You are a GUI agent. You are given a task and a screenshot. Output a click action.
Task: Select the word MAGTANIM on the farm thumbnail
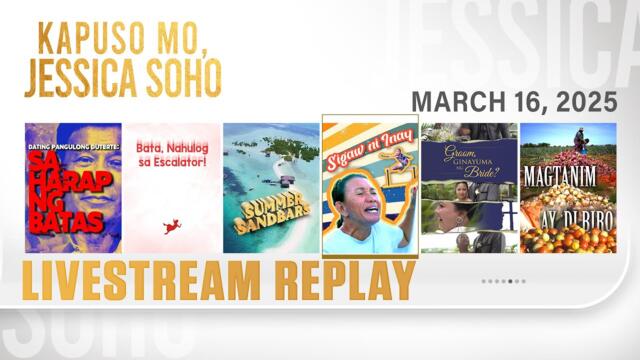[568, 183]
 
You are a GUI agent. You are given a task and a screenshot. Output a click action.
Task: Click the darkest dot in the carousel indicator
[511, 281]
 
